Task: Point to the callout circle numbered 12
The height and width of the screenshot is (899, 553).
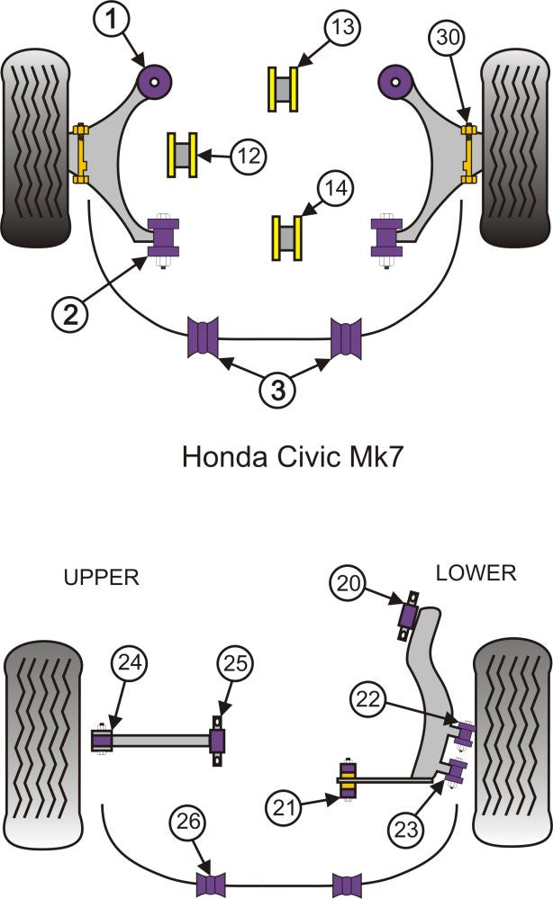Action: click(248, 157)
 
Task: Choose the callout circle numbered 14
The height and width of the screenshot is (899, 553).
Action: click(336, 190)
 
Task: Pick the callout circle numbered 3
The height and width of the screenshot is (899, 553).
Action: click(277, 390)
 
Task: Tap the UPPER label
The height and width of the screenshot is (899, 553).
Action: click(101, 578)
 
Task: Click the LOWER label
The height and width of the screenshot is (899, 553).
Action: click(476, 572)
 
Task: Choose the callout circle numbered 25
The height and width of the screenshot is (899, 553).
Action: click(235, 664)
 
